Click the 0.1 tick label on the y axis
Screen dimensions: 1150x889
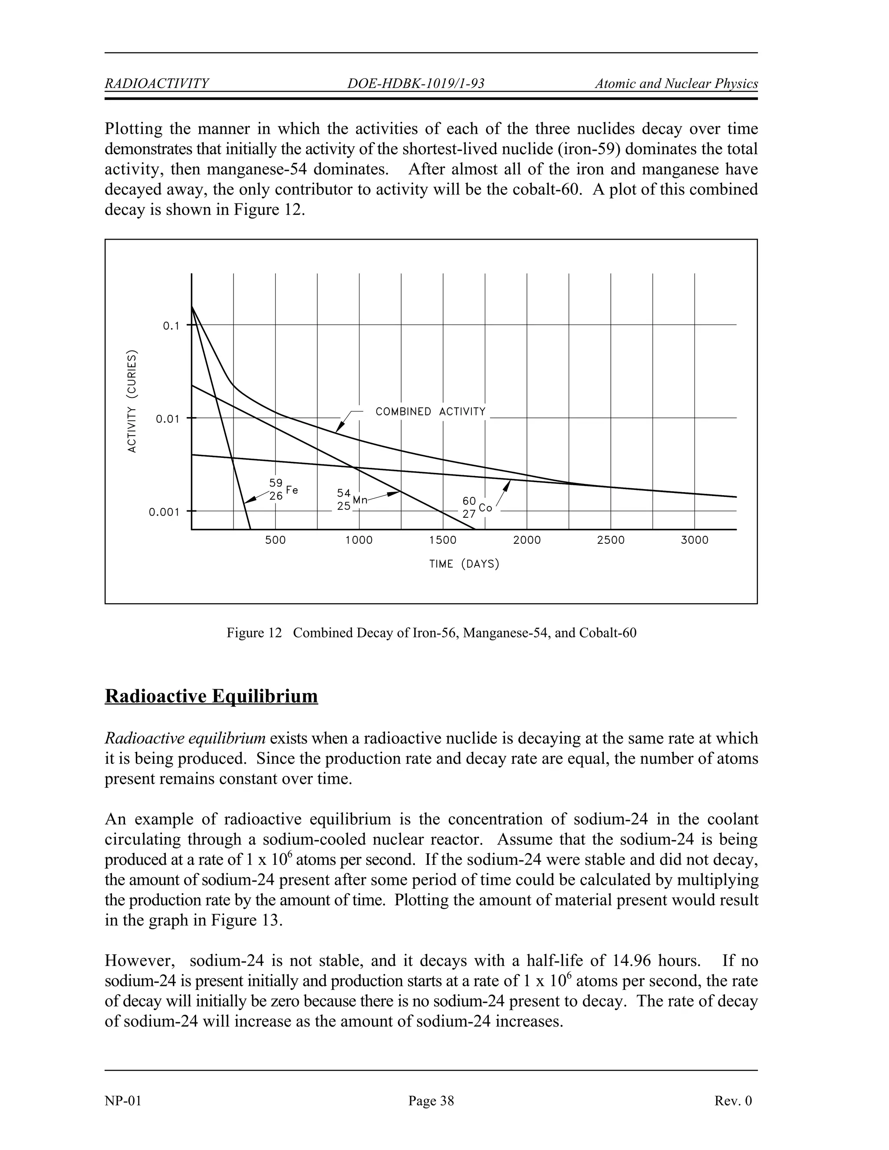[x=171, y=326]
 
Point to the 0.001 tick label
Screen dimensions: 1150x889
[x=164, y=512]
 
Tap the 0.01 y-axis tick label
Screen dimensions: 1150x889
[x=168, y=419]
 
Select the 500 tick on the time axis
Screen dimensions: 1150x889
[x=275, y=540]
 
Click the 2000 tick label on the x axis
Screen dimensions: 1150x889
[x=527, y=540]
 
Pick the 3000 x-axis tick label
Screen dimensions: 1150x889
[x=694, y=540]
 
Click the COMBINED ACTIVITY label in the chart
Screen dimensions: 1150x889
[x=430, y=412]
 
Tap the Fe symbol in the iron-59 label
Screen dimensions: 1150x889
[x=292, y=490]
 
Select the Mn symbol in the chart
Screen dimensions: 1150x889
[x=360, y=499]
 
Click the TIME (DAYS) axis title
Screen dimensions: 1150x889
[x=464, y=565]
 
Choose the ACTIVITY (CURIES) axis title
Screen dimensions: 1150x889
[x=132, y=401]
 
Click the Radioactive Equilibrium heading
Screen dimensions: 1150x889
[x=211, y=696]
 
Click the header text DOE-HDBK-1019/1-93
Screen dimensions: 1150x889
[x=415, y=84]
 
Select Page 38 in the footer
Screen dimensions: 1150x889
[x=431, y=1101]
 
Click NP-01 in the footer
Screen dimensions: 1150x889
[x=123, y=1101]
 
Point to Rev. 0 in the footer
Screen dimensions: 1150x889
[x=733, y=1101]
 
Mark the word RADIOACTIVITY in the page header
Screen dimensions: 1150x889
[x=157, y=84]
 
